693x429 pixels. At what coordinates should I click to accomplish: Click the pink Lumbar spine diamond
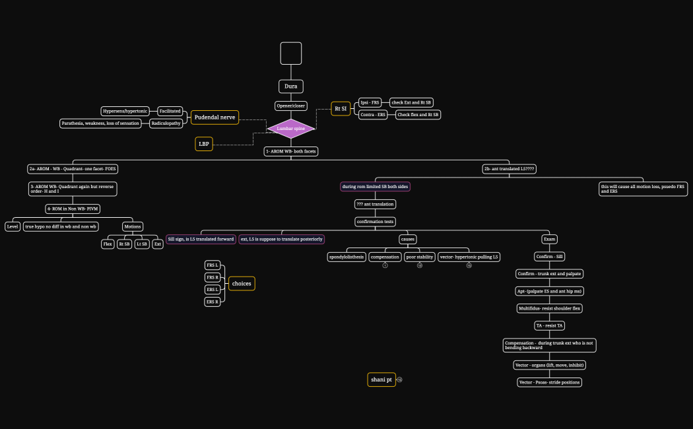[290, 129]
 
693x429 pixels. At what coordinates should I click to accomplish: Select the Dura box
[290, 86]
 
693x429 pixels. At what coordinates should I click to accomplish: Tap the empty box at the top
[291, 53]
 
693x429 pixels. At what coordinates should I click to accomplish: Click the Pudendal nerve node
[214, 117]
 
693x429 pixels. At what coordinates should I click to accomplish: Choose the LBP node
[204, 144]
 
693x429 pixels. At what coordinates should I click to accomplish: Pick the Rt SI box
[341, 109]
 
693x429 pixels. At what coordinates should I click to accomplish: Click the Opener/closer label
[291, 106]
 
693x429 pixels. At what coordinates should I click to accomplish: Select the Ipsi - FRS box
[370, 102]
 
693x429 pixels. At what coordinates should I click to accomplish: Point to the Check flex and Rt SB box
[418, 115]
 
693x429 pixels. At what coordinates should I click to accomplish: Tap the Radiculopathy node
[166, 123]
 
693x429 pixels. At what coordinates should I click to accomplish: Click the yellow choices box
[242, 284]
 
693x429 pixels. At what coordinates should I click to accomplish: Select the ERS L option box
[213, 289]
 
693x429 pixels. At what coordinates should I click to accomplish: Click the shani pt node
[381, 379]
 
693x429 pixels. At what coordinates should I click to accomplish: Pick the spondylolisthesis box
[346, 257]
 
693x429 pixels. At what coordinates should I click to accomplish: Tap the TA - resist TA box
[549, 325]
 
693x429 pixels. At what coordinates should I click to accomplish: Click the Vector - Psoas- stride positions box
[549, 382]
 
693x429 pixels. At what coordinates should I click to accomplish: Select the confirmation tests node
[375, 222]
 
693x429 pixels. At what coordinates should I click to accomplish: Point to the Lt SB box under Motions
[142, 244]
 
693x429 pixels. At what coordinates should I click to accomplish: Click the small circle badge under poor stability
[420, 265]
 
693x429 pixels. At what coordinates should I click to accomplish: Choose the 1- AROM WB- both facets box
[291, 151]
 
